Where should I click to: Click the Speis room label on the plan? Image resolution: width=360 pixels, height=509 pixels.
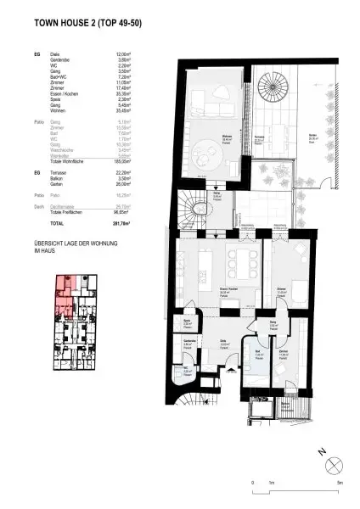point(188,323)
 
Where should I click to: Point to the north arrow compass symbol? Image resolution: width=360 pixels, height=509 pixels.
point(332,462)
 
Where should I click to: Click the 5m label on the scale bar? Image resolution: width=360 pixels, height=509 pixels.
point(338,482)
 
